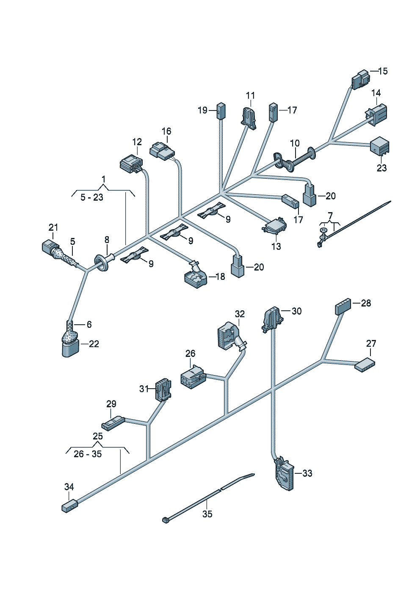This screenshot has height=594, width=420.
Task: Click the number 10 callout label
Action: pyautogui.click(x=295, y=144)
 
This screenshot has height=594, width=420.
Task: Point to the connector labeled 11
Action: pyautogui.click(x=249, y=118)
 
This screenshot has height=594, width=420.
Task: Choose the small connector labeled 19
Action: pyautogui.click(x=221, y=111)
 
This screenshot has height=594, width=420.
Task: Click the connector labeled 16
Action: pyautogui.click(x=162, y=152)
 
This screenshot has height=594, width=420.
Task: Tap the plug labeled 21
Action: pyautogui.click(x=49, y=246)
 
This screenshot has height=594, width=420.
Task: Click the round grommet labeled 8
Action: pyautogui.click(x=105, y=262)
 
